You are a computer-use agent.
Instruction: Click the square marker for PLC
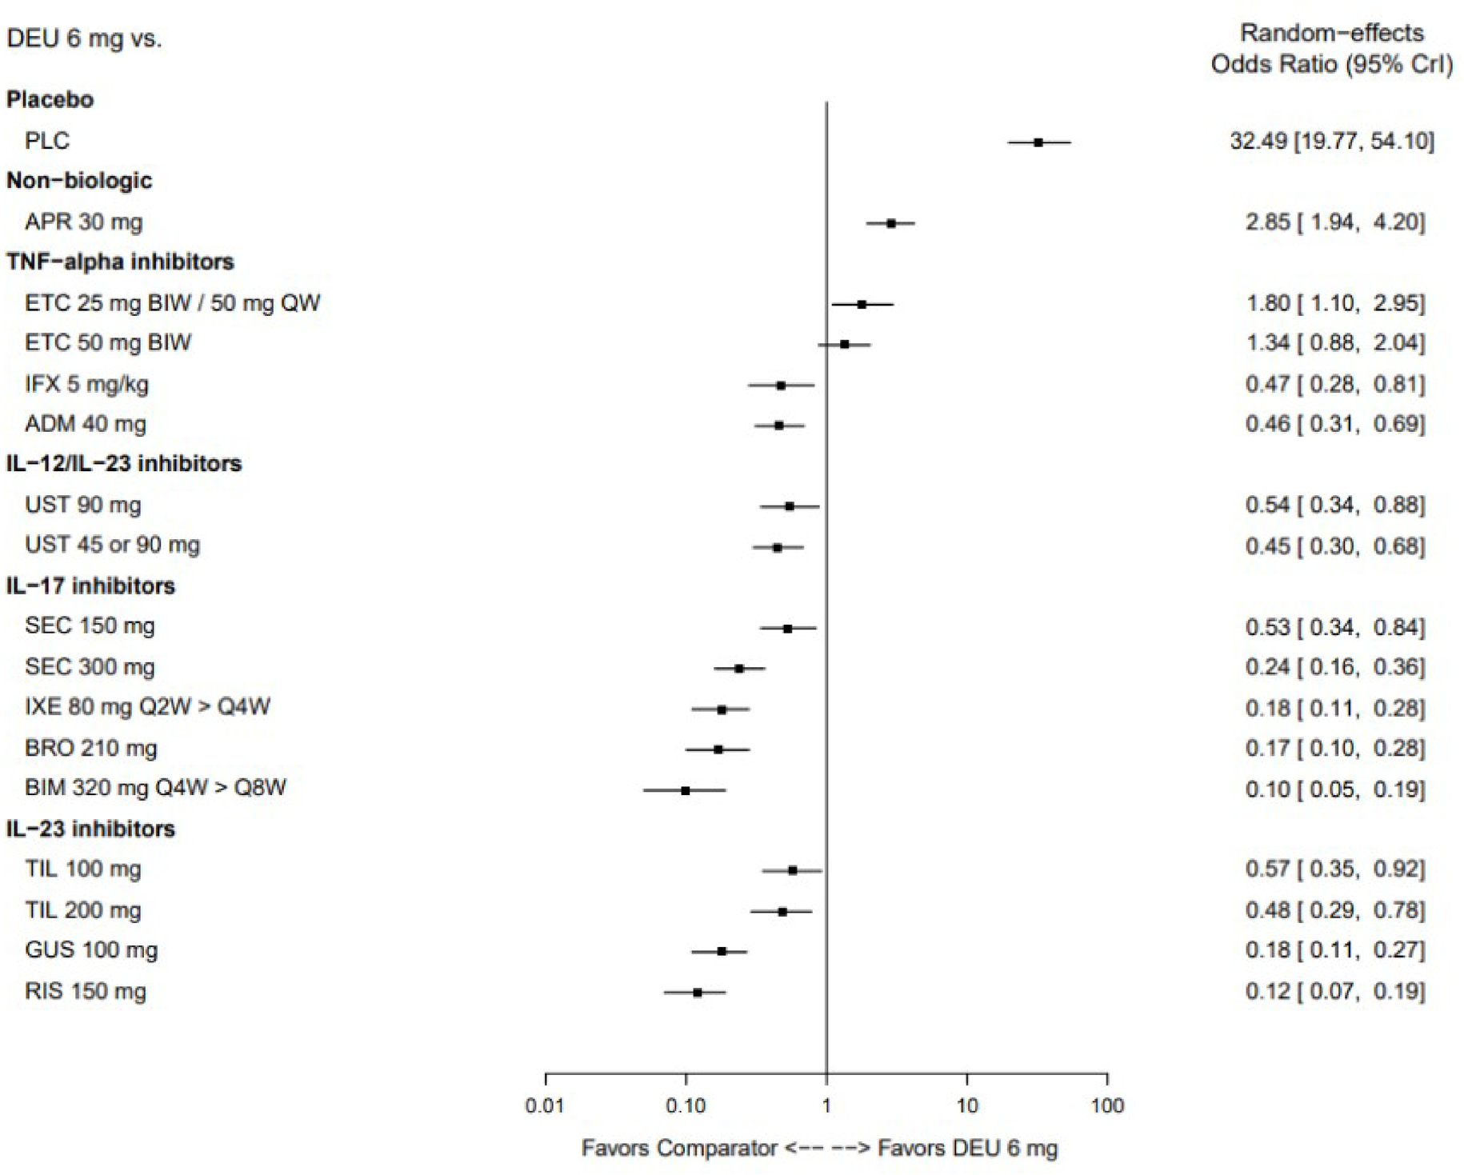[1038, 142]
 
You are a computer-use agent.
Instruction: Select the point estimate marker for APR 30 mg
[890, 223]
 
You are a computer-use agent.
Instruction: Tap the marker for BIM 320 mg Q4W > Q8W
[685, 790]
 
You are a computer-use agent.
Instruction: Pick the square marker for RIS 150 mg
[698, 992]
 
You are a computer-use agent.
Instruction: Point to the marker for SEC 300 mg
[738, 669]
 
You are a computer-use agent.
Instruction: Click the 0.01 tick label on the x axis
[545, 1106]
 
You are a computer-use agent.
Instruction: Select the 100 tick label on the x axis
[1106, 1106]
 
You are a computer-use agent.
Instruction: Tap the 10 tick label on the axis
[966, 1106]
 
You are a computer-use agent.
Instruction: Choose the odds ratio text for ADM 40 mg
[1334, 424]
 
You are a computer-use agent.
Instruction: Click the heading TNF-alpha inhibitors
[120, 262]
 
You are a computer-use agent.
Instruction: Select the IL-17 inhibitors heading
[90, 586]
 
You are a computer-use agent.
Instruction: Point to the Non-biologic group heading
[79, 181]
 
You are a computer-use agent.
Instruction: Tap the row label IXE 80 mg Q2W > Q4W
[147, 707]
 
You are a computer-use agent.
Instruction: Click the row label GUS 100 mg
[91, 950]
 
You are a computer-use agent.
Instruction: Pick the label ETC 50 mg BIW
[108, 343]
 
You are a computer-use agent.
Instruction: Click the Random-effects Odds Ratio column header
[1331, 48]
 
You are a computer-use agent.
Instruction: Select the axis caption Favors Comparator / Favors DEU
[818, 1149]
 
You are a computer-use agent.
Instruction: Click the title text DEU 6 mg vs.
[84, 38]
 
